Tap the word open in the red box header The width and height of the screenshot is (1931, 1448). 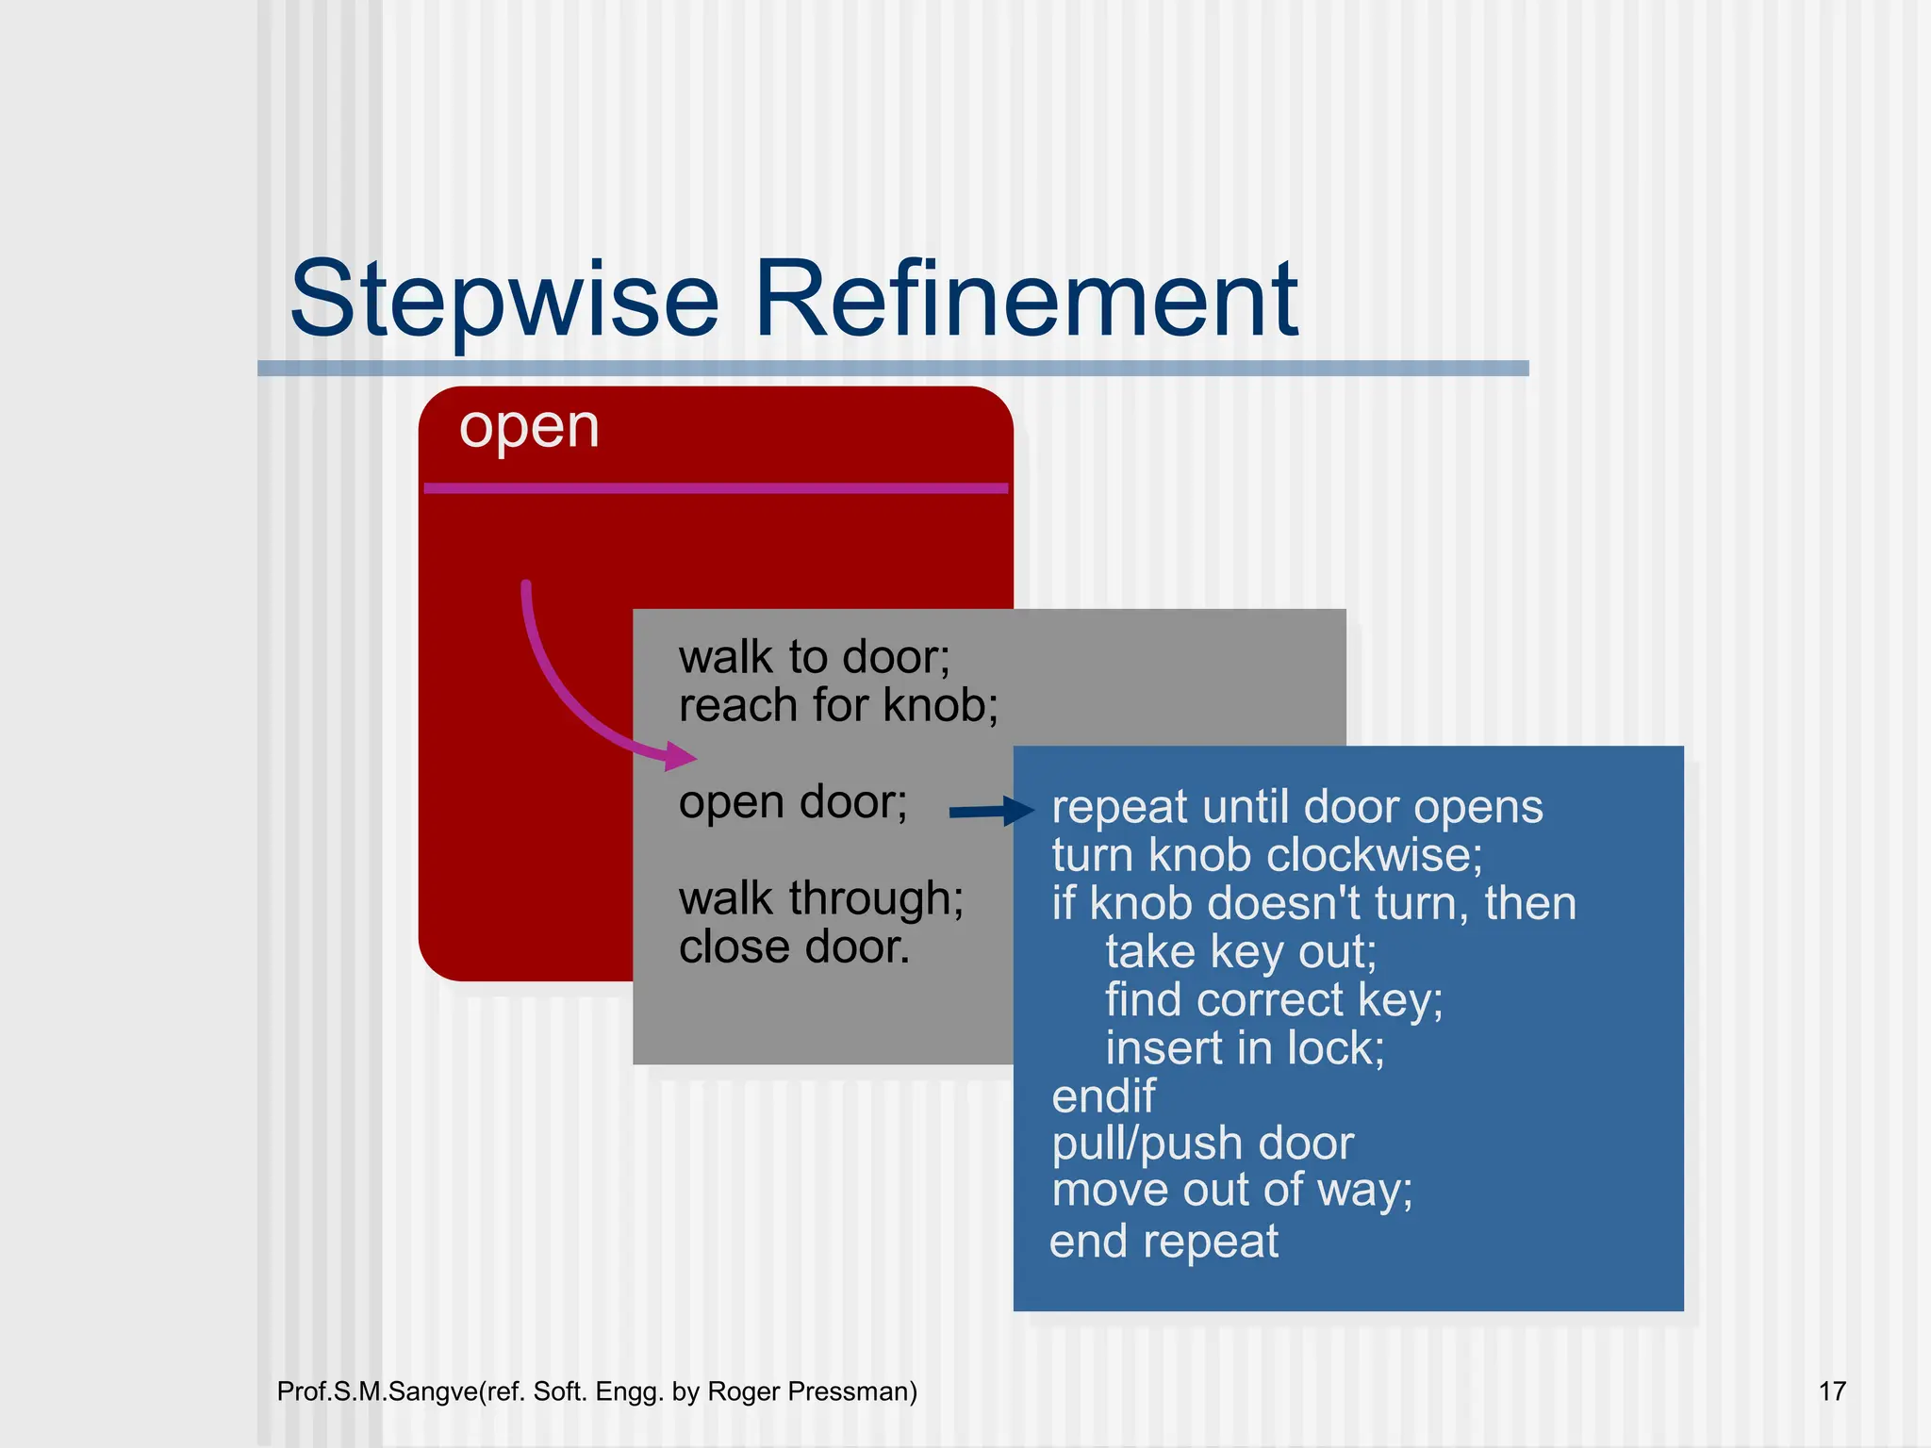click(529, 428)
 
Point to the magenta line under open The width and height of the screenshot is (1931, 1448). click(716, 488)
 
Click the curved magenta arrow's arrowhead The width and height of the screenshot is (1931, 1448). click(681, 756)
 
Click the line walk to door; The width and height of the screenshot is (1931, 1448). click(815, 657)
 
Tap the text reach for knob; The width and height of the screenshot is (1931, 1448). click(838, 705)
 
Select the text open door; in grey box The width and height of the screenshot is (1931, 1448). click(793, 803)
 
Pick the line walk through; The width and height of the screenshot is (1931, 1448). click(821, 898)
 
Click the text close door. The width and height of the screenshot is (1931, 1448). click(794, 947)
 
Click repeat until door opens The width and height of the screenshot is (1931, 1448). click(1296, 808)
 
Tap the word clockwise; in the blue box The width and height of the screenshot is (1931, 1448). click(1375, 856)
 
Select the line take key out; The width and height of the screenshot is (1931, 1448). click(1240, 952)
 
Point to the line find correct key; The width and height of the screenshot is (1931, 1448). click(1274, 1000)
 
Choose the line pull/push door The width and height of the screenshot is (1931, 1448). click(1203, 1144)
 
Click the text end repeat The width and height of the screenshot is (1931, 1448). click(1164, 1242)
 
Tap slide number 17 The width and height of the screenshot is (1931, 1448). click(1831, 1391)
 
